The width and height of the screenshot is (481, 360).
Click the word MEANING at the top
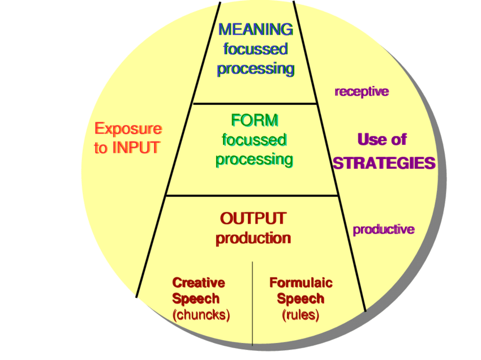pos(256,29)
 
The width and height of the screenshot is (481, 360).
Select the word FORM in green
pos(255,120)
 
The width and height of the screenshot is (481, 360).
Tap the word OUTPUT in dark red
pos(253,218)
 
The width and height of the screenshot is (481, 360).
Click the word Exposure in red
pos(128,129)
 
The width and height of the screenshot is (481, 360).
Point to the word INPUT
pos(136,148)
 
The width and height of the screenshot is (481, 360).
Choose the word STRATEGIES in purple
pos(384,164)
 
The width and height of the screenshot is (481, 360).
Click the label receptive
pos(362,92)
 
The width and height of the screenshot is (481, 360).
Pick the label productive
pos(383,230)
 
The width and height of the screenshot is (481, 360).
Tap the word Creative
pos(198,282)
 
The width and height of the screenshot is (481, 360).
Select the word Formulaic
pos(300,282)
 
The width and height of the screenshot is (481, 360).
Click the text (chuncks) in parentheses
pos(201,315)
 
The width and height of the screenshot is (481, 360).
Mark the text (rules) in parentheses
pos(300,315)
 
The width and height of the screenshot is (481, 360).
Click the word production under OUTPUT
pos(253,238)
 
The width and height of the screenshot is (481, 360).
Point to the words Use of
pos(382,140)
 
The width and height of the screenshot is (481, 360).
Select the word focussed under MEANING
pos(255,49)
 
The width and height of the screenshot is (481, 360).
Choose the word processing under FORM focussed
pos(254,160)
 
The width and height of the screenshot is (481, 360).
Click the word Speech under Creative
pos(196,299)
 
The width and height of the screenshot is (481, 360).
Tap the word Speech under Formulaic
pos(300,299)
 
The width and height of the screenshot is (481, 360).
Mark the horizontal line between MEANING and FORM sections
pos(255,104)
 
